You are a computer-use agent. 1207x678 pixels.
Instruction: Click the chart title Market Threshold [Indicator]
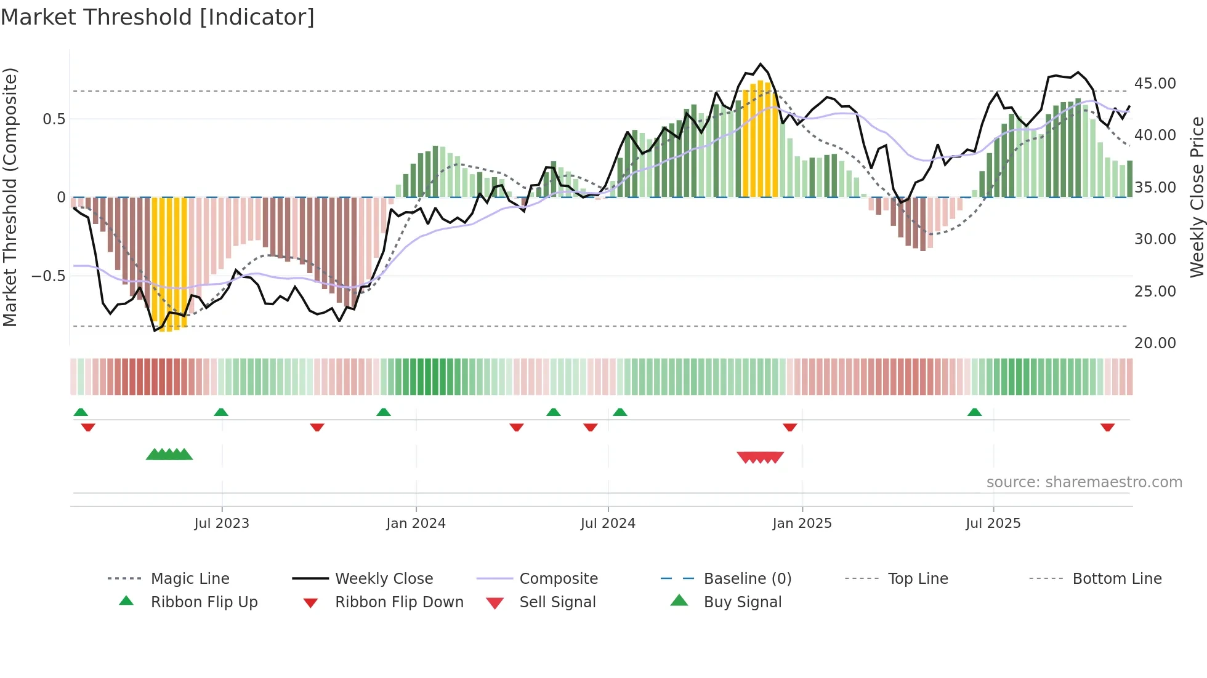tap(158, 17)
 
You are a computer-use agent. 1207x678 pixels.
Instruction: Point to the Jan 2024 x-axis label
tap(416, 524)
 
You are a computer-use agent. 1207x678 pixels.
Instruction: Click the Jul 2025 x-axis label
tap(993, 524)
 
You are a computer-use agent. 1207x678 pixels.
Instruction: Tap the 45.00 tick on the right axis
tap(1155, 84)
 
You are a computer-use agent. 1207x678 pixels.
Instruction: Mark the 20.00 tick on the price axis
tap(1155, 343)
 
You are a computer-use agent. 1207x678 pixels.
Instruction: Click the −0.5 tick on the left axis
tap(49, 276)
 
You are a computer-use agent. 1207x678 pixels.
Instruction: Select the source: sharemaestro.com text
tap(1084, 482)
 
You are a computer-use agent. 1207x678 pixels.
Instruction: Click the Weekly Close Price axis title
tap(1197, 197)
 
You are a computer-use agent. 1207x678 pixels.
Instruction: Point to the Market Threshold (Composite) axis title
tap(10, 197)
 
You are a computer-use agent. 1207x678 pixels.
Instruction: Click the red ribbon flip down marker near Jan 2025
tap(789, 427)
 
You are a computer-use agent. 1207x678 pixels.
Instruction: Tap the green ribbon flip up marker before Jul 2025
tap(974, 412)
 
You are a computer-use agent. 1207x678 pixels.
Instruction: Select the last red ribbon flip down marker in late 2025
tap(1107, 427)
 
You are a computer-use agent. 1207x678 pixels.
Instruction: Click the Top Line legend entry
tap(918, 579)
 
